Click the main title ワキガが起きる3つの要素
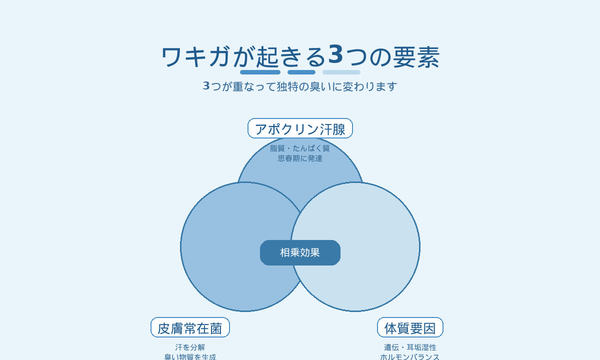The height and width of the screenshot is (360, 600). (x=300, y=56)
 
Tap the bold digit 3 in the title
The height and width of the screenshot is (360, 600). (x=335, y=54)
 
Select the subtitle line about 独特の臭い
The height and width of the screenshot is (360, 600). (x=300, y=86)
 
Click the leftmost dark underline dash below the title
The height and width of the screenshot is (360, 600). (x=260, y=72)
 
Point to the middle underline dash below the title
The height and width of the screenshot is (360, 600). (x=301, y=72)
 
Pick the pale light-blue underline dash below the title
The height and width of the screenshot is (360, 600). (x=341, y=72)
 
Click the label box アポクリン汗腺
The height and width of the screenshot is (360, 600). (x=300, y=128)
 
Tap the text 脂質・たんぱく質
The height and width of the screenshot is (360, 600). (x=299, y=148)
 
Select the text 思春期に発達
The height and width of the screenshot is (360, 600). (x=300, y=158)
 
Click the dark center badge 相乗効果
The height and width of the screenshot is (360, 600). (x=300, y=252)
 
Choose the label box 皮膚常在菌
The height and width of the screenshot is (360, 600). (x=190, y=327)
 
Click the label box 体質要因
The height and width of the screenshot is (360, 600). (x=410, y=327)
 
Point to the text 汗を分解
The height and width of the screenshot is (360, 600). (x=190, y=347)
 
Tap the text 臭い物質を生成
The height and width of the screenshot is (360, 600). (x=190, y=357)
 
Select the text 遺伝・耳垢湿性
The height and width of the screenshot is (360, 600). (x=410, y=347)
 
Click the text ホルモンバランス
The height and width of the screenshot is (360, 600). (x=410, y=357)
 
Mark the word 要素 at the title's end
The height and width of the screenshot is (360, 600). (x=416, y=57)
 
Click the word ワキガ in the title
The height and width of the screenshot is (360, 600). (x=196, y=57)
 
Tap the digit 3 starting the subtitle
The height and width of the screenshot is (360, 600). (x=206, y=85)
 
